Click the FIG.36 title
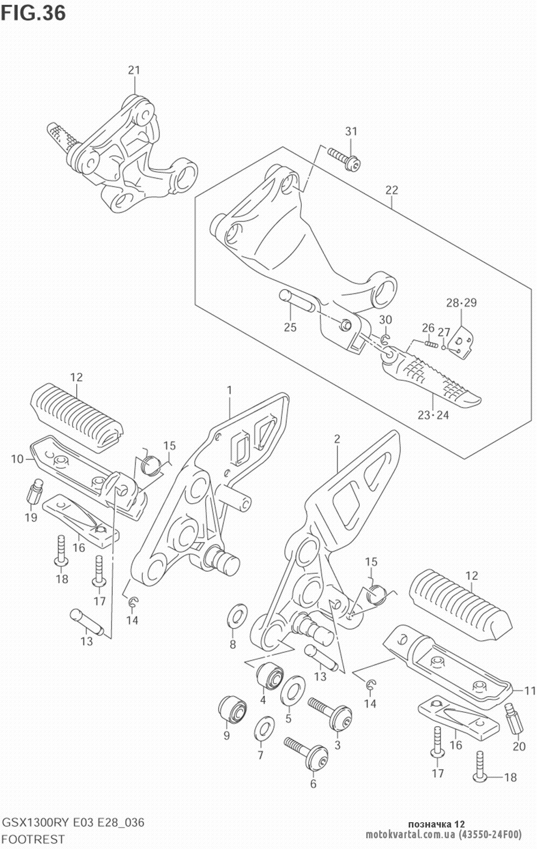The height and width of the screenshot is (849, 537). (33, 13)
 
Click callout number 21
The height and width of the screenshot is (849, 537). (134, 70)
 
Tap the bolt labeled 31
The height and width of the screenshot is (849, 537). (344, 159)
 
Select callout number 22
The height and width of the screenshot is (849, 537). (391, 190)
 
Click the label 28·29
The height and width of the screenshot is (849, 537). (461, 302)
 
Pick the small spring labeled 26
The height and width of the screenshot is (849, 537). (431, 344)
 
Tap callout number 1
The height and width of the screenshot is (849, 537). (229, 389)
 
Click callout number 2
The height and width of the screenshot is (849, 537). (337, 439)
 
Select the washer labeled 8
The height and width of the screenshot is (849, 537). (237, 615)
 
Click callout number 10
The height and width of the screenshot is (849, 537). (18, 459)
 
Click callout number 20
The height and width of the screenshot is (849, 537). (519, 746)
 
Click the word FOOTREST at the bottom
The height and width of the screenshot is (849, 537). (34, 838)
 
